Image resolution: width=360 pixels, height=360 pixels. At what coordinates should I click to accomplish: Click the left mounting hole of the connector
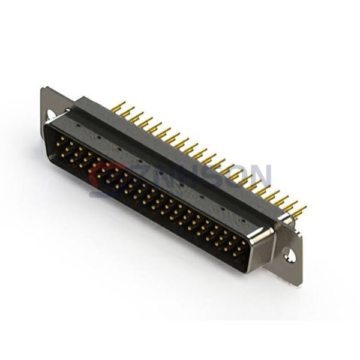point(50,113)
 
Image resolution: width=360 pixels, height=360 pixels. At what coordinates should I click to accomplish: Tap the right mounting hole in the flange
point(290,256)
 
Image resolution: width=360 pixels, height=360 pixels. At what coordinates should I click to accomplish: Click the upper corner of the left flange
point(44,90)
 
